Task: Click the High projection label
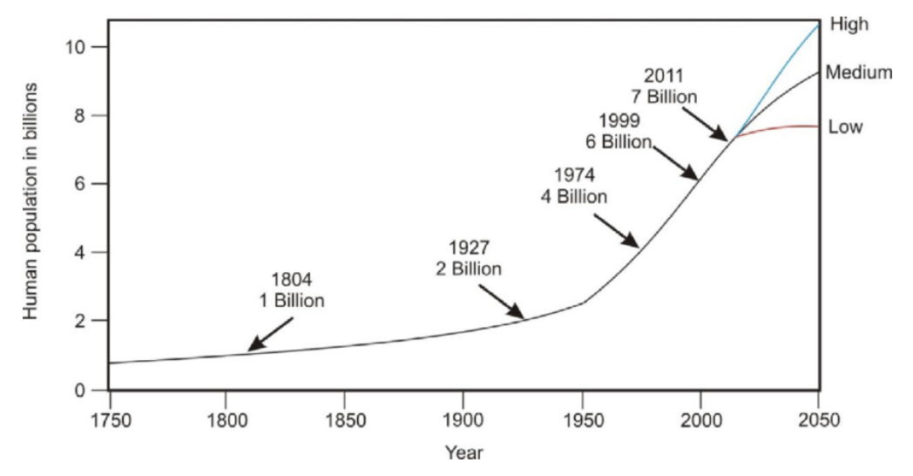850,24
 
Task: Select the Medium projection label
859,72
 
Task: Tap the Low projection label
845,127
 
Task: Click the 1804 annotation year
291,280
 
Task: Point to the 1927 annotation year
469,247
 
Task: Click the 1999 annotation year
619,120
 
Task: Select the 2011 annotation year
665,74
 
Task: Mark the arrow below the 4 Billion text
619,229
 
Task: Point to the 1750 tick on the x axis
109,419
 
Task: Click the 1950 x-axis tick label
582,419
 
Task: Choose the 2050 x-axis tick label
819,419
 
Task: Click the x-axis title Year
463,452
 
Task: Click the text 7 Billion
665,96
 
